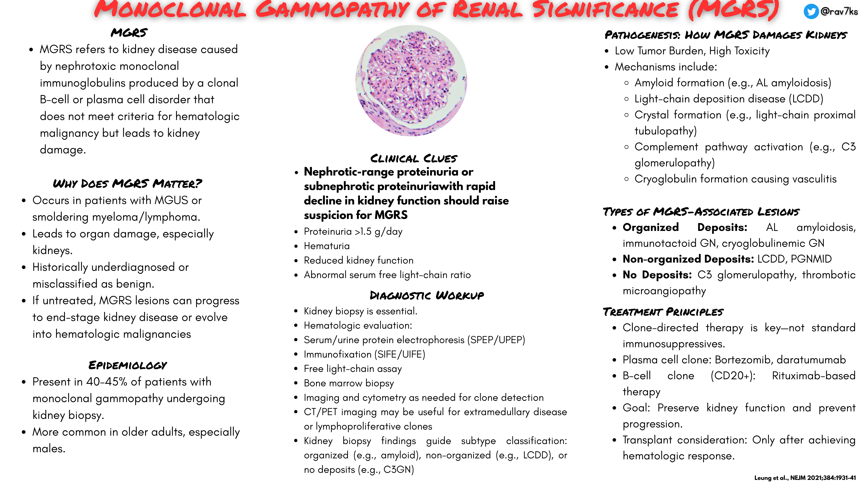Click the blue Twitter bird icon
click(811, 11)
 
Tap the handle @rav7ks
click(839, 11)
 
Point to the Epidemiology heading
click(128, 365)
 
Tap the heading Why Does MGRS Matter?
click(127, 183)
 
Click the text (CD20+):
click(733, 376)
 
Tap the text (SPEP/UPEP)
click(496, 340)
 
